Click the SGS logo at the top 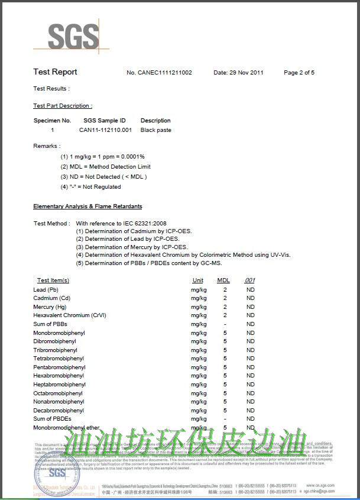click(x=73, y=37)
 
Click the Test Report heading click(x=55, y=72)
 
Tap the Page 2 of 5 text click(x=299, y=73)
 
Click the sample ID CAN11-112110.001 click(x=105, y=130)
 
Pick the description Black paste click(x=156, y=130)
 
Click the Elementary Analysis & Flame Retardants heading click(x=87, y=207)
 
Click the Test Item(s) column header click(x=53, y=280)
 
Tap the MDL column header click(x=223, y=280)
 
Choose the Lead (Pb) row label click(x=46, y=290)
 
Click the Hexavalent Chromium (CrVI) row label click(x=70, y=315)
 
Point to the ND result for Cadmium click(x=251, y=298)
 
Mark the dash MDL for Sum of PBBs click(x=225, y=324)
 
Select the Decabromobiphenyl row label click(x=59, y=410)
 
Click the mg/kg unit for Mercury click(x=199, y=307)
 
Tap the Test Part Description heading click(x=63, y=106)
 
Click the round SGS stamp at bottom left click(x=57, y=473)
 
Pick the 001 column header click(x=250, y=280)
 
